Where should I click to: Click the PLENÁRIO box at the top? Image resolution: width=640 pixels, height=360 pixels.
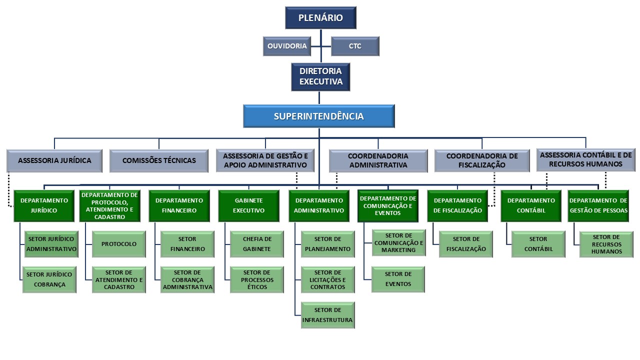[320, 18]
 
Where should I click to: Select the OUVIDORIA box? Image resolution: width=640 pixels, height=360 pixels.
[286, 46]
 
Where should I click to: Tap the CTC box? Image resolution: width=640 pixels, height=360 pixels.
[355, 46]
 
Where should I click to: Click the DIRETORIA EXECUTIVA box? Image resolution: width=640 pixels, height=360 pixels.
[320, 76]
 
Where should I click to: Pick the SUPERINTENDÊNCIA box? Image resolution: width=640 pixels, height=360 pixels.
[319, 116]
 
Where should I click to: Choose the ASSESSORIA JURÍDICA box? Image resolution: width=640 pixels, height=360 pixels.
[54, 160]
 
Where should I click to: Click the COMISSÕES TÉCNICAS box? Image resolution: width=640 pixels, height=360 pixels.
[159, 160]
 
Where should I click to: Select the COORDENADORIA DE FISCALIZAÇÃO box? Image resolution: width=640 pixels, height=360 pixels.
[481, 160]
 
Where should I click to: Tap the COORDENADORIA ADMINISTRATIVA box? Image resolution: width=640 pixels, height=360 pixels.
[378, 160]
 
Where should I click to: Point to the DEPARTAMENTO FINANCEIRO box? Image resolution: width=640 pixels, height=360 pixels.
[179, 205]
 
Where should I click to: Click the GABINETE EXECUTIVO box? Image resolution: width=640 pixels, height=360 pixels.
[248, 205]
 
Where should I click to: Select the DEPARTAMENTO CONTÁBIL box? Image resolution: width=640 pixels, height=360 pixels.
[530, 205]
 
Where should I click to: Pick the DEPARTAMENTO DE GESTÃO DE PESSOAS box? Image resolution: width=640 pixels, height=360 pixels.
[598, 205]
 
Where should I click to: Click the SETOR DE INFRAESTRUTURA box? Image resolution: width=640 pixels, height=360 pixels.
[327, 315]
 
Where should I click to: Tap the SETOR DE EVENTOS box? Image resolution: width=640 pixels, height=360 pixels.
[398, 279]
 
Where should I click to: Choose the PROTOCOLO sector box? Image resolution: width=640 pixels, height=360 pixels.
[118, 244]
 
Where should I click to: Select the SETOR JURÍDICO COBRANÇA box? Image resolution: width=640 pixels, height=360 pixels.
[49, 279]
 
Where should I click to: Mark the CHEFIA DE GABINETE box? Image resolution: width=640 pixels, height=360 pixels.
[256, 244]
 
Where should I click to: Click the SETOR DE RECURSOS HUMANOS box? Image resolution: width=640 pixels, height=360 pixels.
[606, 244]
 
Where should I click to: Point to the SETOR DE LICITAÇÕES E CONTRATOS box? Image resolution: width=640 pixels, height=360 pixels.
[327, 279]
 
